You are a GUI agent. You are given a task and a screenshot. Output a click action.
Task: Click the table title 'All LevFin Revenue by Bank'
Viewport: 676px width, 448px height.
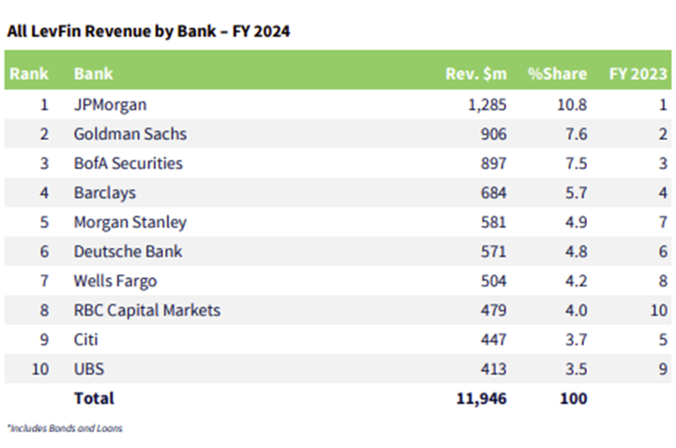(x=112, y=31)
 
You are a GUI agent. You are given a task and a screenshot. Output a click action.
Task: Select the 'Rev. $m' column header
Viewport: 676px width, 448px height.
(x=476, y=74)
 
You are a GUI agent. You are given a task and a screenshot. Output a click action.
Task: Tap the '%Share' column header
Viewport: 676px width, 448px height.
(x=557, y=74)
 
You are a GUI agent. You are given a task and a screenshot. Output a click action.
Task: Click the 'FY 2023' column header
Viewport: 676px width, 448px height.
(x=638, y=74)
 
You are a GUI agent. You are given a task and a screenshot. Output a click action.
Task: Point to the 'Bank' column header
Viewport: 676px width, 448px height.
(x=93, y=74)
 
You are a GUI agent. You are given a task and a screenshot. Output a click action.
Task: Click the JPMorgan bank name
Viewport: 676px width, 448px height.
(x=111, y=105)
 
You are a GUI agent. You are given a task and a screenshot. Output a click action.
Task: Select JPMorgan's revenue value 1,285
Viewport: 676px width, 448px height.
(x=487, y=105)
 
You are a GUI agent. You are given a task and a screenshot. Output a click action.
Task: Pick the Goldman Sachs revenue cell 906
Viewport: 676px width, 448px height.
(x=494, y=134)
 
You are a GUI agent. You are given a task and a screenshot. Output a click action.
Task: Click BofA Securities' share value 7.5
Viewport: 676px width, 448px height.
(x=576, y=163)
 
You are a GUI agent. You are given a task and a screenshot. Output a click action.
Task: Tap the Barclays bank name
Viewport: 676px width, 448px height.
(x=105, y=193)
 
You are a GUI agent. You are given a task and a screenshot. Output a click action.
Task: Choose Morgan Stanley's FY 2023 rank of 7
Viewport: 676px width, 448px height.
(x=663, y=222)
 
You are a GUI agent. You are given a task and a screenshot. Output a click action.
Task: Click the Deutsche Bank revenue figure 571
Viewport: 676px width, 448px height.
(x=494, y=252)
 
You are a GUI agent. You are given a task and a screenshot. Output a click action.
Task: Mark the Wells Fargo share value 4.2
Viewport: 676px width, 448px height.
(x=576, y=281)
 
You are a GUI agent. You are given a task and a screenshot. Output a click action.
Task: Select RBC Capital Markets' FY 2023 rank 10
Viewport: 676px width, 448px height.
(x=659, y=311)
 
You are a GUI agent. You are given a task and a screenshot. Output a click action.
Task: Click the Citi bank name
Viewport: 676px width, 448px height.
(x=85, y=340)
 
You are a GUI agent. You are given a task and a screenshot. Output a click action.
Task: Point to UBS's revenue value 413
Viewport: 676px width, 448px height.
(x=494, y=369)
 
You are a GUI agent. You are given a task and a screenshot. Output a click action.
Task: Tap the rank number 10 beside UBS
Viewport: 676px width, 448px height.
(x=40, y=369)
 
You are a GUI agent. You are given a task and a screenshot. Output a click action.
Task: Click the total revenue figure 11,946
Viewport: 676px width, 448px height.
(x=482, y=399)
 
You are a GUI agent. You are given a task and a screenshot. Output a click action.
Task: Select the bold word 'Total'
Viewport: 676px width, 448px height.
(x=94, y=398)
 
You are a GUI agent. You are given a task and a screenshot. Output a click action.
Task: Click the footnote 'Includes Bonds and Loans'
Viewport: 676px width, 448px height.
(x=65, y=428)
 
